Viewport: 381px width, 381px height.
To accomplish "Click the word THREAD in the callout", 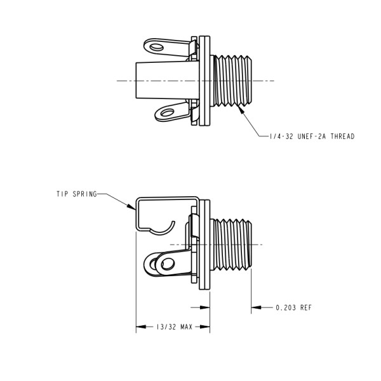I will [340, 137].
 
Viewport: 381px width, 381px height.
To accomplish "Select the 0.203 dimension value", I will [284, 307].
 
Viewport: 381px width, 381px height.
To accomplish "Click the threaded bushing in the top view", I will [232, 80].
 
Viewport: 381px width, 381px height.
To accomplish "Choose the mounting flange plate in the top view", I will [204, 80].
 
